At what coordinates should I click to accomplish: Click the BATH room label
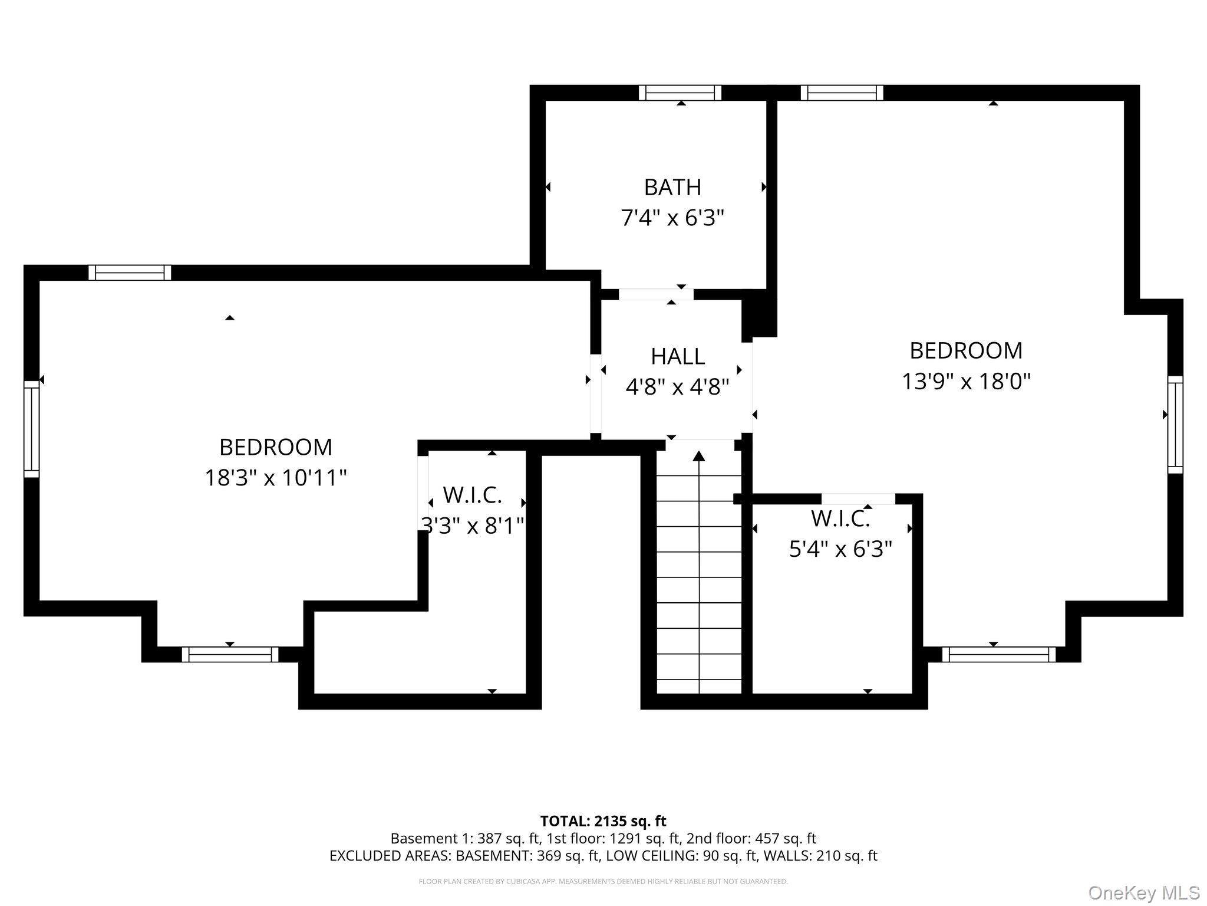672,188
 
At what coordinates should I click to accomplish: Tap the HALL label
678,357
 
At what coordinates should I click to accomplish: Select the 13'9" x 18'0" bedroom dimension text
966,382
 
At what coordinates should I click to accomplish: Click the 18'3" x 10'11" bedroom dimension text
275,478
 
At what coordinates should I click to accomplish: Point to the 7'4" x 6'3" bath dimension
672,219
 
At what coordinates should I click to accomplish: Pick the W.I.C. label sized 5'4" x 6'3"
840,519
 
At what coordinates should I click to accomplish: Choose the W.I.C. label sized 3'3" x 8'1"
472,495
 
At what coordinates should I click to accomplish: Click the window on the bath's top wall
680,93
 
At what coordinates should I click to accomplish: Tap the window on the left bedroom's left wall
31,429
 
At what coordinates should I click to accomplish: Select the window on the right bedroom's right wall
1175,425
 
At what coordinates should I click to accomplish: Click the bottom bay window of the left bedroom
230,654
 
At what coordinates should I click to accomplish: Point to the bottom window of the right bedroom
999,654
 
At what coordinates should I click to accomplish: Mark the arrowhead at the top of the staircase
699,456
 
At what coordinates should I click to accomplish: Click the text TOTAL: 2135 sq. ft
603,821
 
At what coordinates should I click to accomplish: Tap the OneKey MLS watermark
1145,892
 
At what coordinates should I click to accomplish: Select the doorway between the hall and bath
656,294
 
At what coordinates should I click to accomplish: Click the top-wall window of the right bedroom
842,93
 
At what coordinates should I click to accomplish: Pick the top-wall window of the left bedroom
130,273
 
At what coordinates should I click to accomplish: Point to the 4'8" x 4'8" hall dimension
678,388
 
